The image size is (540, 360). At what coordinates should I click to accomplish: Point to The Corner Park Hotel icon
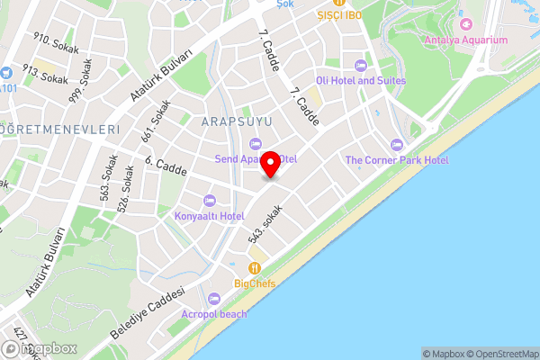pyautogui.click(x=397, y=145)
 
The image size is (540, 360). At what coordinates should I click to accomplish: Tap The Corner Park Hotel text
pyautogui.click(x=397, y=160)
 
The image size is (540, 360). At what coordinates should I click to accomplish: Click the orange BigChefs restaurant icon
pyautogui.click(x=256, y=268)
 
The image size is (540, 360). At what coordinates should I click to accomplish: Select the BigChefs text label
pyautogui.click(x=256, y=284)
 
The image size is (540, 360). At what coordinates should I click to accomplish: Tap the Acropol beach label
pyautogui.click(x=213, y=314)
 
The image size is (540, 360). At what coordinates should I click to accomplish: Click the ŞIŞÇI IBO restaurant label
pyautogui.click(x=337, y=15)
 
